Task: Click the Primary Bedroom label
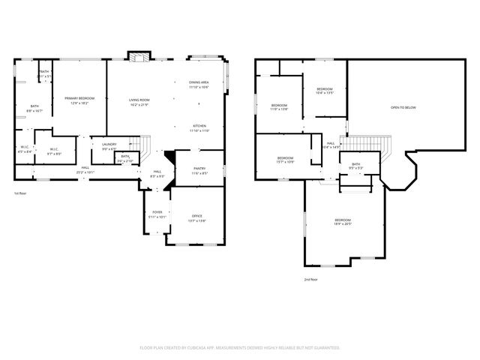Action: coord(79,100)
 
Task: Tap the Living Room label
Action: coord(139,102)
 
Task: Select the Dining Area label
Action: coord(199,84)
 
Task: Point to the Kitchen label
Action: coord(199,127)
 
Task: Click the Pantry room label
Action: coord(199,171)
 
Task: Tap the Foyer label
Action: coord(157,215)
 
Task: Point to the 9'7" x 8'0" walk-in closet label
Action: coord(55,151)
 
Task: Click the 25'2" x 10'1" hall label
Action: coord(85,169)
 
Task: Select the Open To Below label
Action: coord(403,108)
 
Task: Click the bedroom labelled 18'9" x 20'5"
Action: coord(342,222)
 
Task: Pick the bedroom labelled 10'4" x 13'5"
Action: coord(324,91)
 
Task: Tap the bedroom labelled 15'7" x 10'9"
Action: coord(285,160)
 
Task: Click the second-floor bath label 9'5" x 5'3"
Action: coord(355,166)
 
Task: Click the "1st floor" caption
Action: coord(20,193)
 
